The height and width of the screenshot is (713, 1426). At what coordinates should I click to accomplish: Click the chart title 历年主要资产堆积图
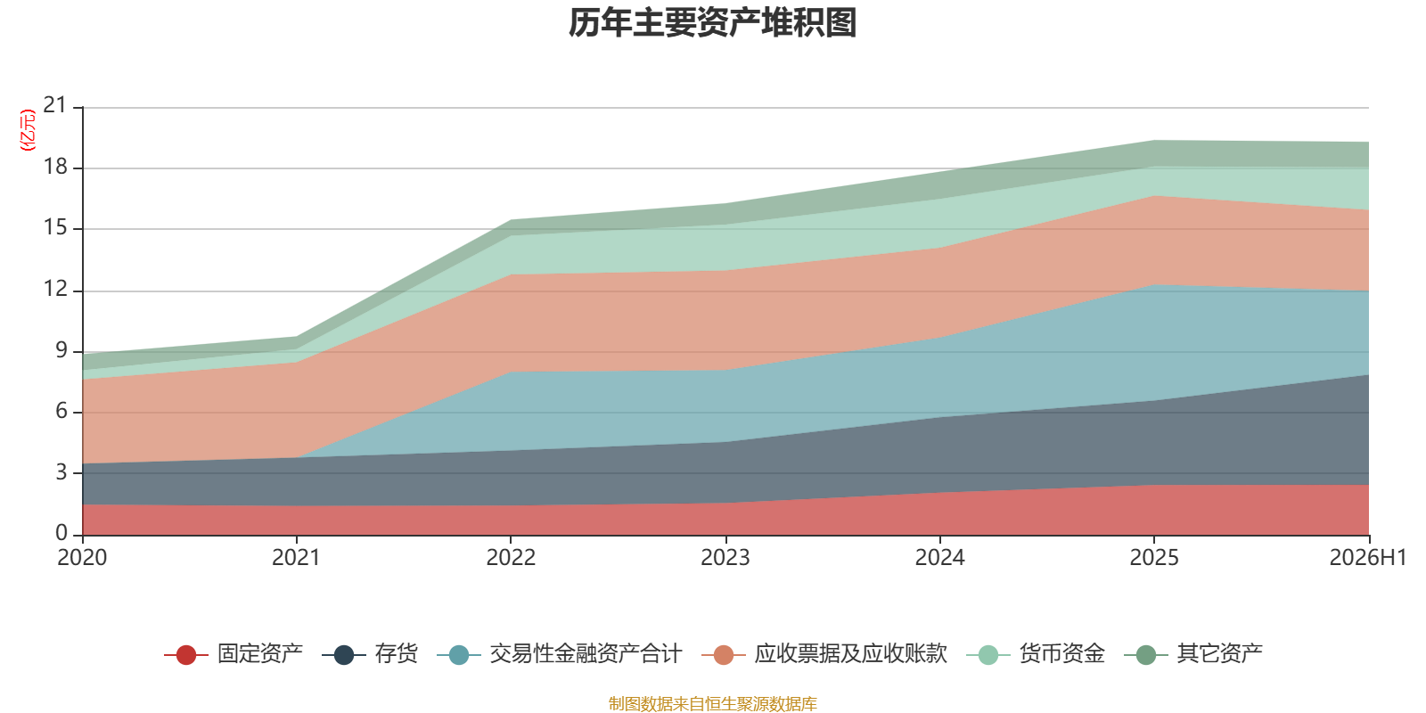pyautogui.click(x=712, y=23)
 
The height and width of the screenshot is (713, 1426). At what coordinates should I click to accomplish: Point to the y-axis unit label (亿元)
pyautogui.click(x=28, y=130)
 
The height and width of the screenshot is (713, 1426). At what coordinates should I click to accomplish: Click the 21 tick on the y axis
pyautogui.click(x=54, y=105)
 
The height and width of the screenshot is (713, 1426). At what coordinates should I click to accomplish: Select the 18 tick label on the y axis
pyautogui.click(x=54, y=167)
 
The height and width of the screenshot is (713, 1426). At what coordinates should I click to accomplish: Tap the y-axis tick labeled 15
pyautogui.click(x=54, y=227)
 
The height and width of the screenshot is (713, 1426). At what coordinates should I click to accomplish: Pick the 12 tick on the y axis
pyautogui.click(x=54, y=289)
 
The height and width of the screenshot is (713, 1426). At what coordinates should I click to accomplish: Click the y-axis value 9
pyautogui.click(x=61, y=350)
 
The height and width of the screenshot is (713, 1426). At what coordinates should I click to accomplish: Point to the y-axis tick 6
pyautogui.click(x=61, y=411)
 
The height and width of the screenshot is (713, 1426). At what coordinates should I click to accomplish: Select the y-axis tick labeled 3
pyautogui.click(x=61, y=472)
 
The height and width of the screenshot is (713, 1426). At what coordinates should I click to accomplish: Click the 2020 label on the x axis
pyautogui.click(x=82, y=558)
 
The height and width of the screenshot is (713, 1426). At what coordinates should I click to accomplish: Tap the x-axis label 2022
pyautogui.click(x=511, y=558)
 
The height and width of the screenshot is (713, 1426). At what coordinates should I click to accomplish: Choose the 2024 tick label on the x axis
pyautogui.click(x=939, y=558)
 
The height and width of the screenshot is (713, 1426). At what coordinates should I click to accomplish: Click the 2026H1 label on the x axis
pyautogui.click(x=1367, y=558)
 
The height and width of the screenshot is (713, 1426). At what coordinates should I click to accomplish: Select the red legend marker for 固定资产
pyautogui.click(x=186, y=654)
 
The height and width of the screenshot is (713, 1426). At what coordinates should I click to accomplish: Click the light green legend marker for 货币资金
pyautogui.click(x=988, y=654)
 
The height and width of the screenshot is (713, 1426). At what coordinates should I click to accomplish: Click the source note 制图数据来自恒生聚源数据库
pyautogui.click(x=712, y=703)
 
